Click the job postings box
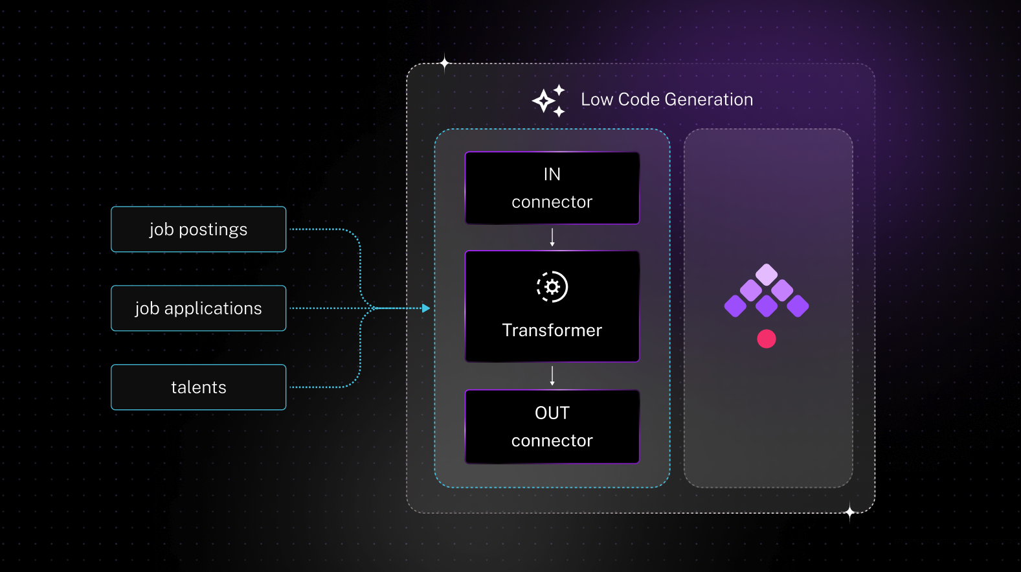(x=198, y=229)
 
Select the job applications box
(x=198, y=308)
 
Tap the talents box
(x=198, y=387)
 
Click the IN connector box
(x=552, y=188)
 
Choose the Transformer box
(x=552, y=306)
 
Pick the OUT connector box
(x=552, y=427)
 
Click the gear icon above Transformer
(x=552, y=287)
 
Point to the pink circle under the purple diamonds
(x=767, y=339)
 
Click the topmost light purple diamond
(x=767, y=275)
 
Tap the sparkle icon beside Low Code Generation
(x=548, y=100)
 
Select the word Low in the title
(x=596, y=100)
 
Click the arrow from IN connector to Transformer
(x=552, y=237)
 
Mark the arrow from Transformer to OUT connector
(x=552, y=376)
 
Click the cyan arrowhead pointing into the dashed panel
(x=425, y=308)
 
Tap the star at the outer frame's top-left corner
(x=444, y=63)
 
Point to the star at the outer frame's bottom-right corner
(x=850, y=512)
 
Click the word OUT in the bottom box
(x=552, y=413)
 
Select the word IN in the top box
(x=552, y=174)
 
